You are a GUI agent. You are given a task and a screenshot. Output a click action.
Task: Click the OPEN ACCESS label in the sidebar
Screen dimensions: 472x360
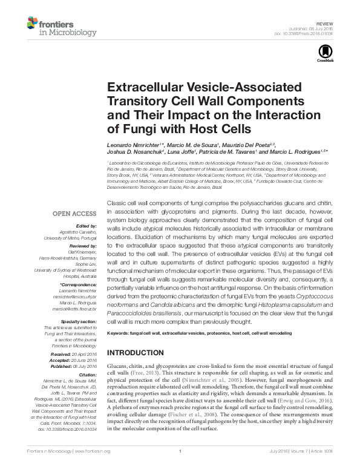(x=74, y=214)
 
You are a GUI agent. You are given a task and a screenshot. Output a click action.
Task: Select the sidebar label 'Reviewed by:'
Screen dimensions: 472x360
(x=81, y=246)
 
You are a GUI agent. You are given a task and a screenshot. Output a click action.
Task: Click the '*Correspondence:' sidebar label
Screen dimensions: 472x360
(x=78, y=284)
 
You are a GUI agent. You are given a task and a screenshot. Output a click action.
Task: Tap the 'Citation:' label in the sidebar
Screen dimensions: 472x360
(x=85, y=375)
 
